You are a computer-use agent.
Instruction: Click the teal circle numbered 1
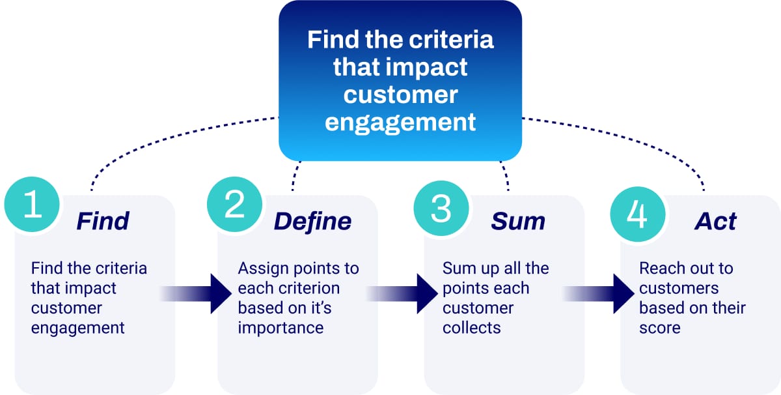pos(32,206)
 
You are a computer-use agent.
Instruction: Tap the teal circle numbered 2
pos(235,206)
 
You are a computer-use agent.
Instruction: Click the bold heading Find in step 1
pos(103,221)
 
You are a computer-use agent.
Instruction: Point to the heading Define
pos(312,221)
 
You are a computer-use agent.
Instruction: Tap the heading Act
pos(715,221)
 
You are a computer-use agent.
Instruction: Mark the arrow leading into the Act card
pos(599,295)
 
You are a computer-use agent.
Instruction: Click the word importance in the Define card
pos(281,327)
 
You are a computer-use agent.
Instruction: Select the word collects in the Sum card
pos(472,327)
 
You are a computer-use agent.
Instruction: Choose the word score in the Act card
pos(660,327)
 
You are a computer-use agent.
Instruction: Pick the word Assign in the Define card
pos(260,269)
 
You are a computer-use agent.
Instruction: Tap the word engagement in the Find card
pos(78,327)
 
